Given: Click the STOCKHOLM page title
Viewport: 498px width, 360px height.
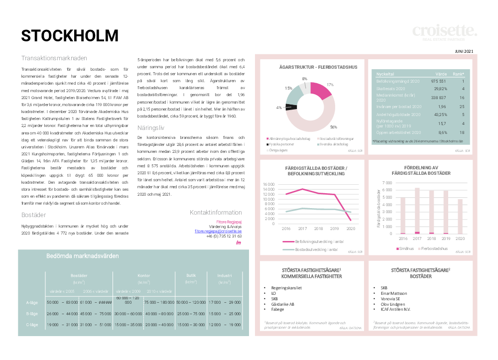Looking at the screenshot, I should (x=70, y=36).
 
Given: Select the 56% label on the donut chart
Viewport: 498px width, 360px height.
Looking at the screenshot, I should (x=334, y=126).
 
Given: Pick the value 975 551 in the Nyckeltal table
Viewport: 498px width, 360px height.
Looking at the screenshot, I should (x=438, y=81).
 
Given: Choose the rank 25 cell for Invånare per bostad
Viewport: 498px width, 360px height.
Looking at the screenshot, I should (x=462, y=106).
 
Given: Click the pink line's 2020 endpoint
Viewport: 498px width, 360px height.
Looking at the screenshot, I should (x=351, y=220).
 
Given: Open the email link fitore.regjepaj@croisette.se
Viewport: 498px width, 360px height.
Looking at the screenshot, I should (x=218, y=232).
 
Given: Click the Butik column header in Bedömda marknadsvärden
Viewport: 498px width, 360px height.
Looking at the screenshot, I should (x=191, y=275).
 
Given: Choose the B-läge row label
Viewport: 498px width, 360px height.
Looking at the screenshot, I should (x=32, y=314).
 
